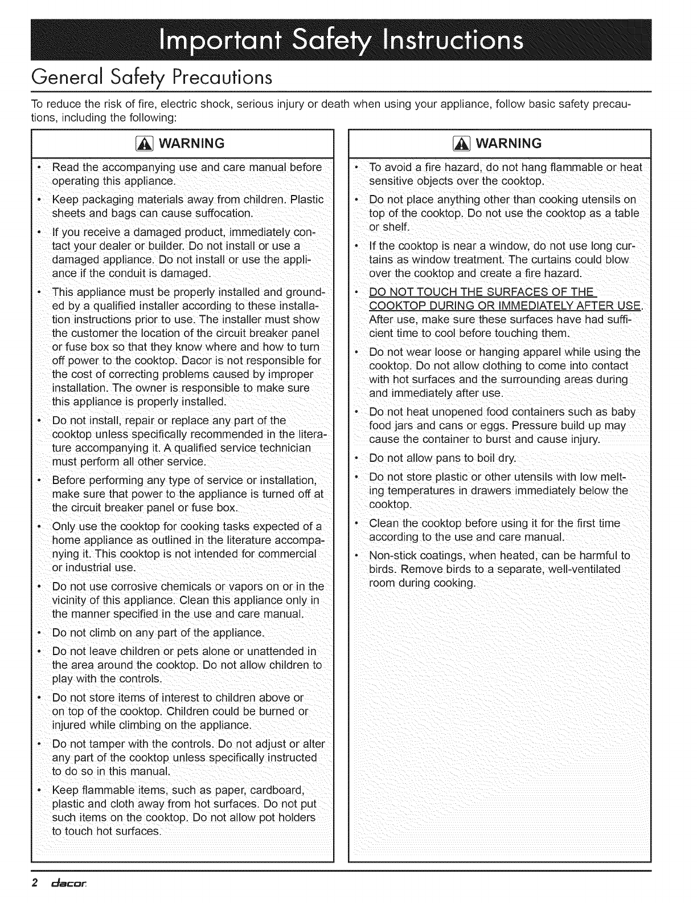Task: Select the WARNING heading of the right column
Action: coord(505,143)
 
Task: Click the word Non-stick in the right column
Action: coord(393,555)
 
